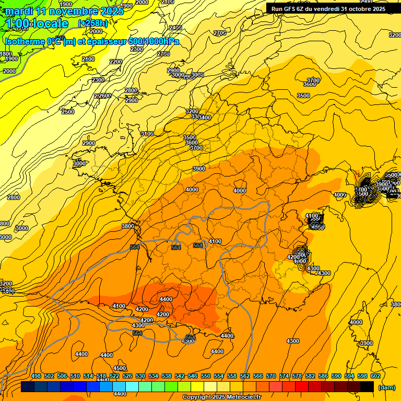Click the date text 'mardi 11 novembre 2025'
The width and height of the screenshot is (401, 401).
[64, 10]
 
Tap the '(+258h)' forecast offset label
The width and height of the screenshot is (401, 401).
[92, 23]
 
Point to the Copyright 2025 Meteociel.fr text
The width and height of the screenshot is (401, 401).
[221, 397]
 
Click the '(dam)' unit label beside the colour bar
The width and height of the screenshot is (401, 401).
[386, 387]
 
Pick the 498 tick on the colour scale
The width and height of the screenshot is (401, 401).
[36, 376]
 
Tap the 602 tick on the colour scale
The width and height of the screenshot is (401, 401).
[375, 376]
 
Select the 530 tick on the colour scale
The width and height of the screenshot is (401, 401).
[140, 376]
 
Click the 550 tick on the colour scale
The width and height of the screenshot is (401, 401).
[206, 376]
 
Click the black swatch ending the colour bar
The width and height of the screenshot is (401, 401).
[367, 386]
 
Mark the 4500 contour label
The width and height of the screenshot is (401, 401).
[120, 369]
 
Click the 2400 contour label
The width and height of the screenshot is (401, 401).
[175, 28]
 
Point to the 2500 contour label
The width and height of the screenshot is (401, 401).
[68, 112]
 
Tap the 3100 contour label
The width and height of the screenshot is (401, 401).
[147, 134]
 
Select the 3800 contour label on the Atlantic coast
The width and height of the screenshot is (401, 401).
[127, 227]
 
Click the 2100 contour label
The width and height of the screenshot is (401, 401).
[88, 60]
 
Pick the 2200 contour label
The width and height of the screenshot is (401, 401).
[116, 62]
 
